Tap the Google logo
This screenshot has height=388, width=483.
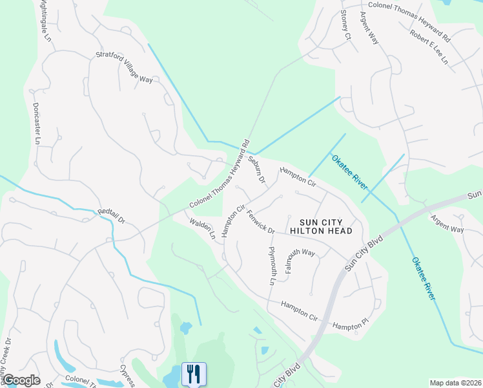(21, 380)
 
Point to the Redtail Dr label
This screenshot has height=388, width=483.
(110, 216)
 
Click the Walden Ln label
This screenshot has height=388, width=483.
(202, 228)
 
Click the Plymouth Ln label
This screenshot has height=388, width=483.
(272, 265)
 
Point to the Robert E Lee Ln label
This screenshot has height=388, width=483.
(429, 47)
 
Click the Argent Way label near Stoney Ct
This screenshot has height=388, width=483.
(369, 27)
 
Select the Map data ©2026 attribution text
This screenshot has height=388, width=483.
(455, 383)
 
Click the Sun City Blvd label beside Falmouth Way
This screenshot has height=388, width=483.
(364, 252)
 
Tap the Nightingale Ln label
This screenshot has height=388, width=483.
(44, 21)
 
